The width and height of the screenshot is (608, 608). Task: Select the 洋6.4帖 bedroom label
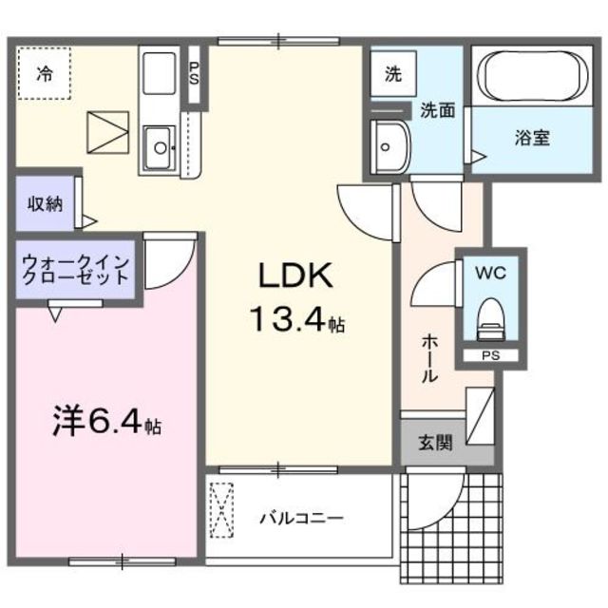105,421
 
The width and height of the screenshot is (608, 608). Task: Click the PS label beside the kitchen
194,74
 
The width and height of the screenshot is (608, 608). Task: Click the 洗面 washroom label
438,110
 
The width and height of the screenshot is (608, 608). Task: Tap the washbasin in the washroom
388,146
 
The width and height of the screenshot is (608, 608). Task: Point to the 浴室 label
533,138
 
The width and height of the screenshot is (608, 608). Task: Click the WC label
489,272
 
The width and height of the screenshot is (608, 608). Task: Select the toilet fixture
490,318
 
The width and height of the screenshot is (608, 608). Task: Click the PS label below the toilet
489,356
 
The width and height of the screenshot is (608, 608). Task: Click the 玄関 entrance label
436,443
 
